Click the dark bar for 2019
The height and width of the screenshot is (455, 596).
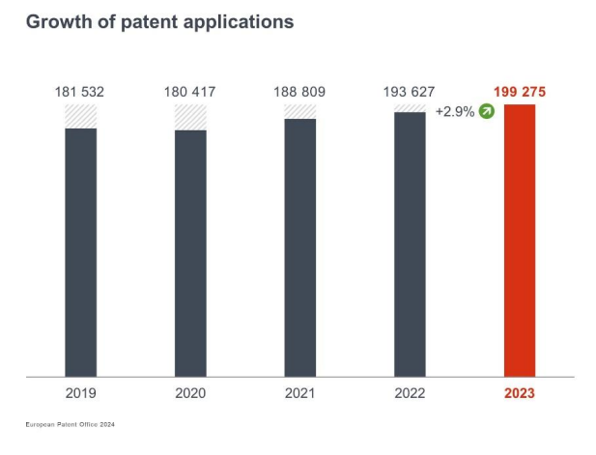pyautogui.click(x=81, y=251)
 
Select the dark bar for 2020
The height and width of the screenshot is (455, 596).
pyautogui.click(x=190, y=252)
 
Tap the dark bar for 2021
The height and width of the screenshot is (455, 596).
pyautogui.click(x=300, y=246)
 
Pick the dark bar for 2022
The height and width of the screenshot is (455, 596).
pyautogui.click(x=410, y=243)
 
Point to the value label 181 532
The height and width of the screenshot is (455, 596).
pyautogui.click(x=81, y=92)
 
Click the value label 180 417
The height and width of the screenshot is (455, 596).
pyautogui.click(x=190, y=92)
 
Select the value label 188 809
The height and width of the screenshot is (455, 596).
pyautogui.click(x=300, y=92)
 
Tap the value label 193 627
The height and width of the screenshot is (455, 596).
pyautogui.click(x=410, y=92)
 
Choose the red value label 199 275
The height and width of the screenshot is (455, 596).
pyautogui.click(x=520, y=92)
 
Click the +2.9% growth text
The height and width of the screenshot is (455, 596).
pyautogui.click(x=454, y=112)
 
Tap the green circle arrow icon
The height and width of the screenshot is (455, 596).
pyautogui.click(x=486, y=112)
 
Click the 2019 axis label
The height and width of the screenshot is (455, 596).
pyautogui.click(x=81, y=393)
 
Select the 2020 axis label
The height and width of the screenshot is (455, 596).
pyautogui.click(x=190, y=393)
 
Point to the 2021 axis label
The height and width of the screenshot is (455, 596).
pyautogui.click(x=300, y=393)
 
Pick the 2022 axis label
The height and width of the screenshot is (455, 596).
pyautogui.click(x=410, y=393)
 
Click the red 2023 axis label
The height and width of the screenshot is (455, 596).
pyautogui.click(x=520, y=393)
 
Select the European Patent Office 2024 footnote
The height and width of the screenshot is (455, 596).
pyautogui.click(x=71, y=424)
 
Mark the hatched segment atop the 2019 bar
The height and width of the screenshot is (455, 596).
pyautogui.click(x=81, y=116)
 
